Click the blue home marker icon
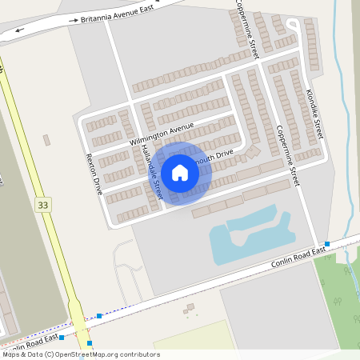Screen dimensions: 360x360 [x=180, y=172]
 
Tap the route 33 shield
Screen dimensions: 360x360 [x=43, y=206]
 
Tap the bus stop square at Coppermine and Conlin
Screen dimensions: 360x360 [x=327, y=243]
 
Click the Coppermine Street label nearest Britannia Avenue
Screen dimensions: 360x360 [x=246, y=28]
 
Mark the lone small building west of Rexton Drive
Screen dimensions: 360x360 [x=46, y=140]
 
